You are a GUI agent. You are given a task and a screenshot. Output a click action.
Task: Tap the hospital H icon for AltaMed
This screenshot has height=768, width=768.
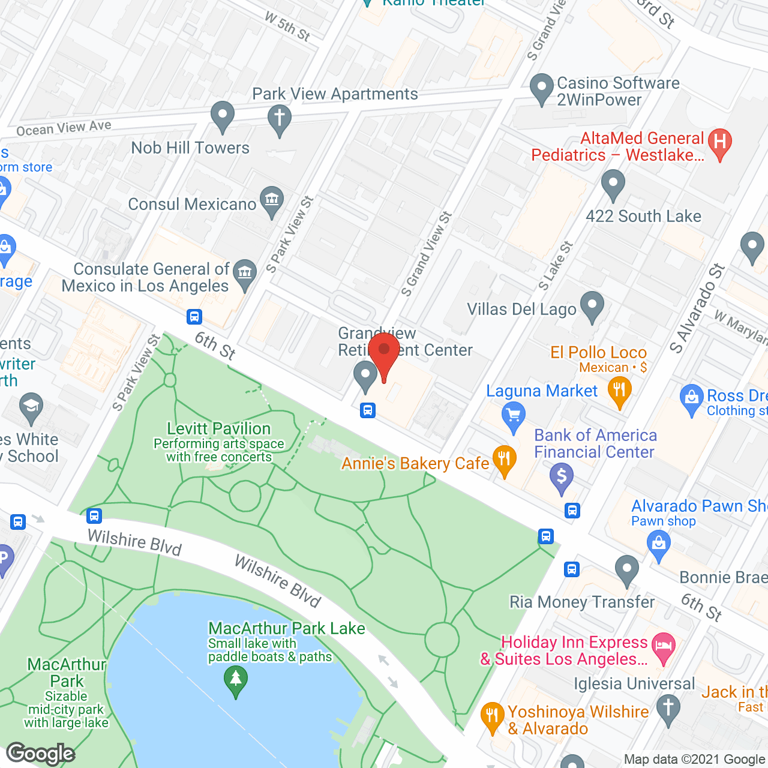pyautogui.click(x=720, y=143)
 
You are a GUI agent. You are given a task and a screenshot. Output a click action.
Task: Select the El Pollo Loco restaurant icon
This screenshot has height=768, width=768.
pyautogui.click(x=619, y=390)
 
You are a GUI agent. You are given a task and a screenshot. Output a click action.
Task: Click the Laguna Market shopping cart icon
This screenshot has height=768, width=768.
pyautogui.click(x=513, y=415)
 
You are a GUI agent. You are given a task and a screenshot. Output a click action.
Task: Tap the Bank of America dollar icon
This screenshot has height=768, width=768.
pyautogui.click(x=562, y=477)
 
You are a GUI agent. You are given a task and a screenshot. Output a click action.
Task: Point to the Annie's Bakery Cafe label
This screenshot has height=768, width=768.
pyautogui.click(x=415, y=463)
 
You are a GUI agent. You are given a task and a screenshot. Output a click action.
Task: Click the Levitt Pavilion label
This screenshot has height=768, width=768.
pyautogui.click(x=219, y=428)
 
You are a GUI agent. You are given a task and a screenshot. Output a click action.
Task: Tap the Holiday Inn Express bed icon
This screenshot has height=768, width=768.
pyautogui.click(x=663, y=647)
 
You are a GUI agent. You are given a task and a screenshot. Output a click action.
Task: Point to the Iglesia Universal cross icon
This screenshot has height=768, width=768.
pyautogui.click(x=668, y=708)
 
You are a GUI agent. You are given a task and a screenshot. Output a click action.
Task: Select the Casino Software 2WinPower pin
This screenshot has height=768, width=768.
pyautogui.click(x=542, y=87)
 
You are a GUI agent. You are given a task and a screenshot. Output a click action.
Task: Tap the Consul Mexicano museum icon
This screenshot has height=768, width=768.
pyautogui.click(x=272, y=200)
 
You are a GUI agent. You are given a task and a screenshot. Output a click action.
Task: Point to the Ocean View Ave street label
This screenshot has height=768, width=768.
pyautogui.click(x=64, y=128)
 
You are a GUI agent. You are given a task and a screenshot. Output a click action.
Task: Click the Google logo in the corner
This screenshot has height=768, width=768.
pyautogui.click(x=41, y=754)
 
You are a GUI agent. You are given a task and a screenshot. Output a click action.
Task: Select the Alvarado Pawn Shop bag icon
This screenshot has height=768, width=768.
pyautogui.click(x=659, y=545)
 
